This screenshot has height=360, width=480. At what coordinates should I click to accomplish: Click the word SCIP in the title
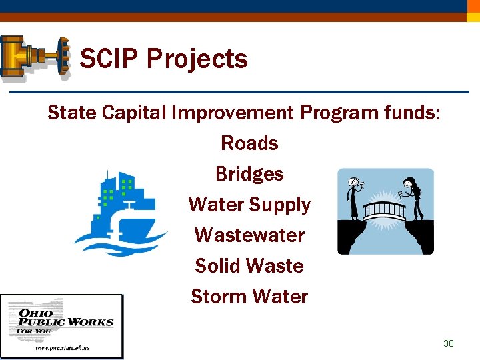coord(109,59)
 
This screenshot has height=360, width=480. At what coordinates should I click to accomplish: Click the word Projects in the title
coord(197,59)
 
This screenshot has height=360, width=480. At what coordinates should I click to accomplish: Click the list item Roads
coord(249,143)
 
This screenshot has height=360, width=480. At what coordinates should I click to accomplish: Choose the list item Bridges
coord(249,174)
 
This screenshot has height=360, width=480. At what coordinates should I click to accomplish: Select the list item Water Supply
coord(249,205)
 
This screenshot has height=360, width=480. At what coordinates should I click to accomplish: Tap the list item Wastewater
coord(249,235)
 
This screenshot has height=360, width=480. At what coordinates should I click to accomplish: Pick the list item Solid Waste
coord(249,266)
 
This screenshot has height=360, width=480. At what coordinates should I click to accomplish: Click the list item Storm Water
coord(249,297)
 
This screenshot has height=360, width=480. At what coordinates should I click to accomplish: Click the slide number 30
coord(449,343)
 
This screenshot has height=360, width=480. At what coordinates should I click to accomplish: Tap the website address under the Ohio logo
coord(62,348)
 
